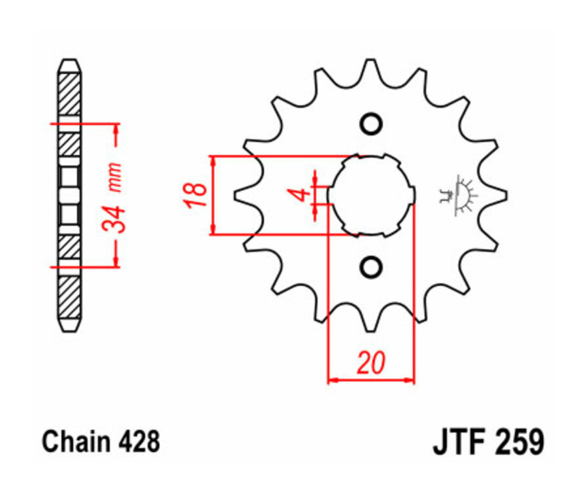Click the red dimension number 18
pos(195,195)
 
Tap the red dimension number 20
pos(370,362)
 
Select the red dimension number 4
pos(299,195)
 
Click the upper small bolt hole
pos(370,124)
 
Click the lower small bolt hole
pos(370,266)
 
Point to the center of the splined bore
pos(370,195)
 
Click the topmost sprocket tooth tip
pos(370,61)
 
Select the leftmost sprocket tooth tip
pos(236,195)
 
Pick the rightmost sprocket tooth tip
pos(506,195)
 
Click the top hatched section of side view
pos(70,92)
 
